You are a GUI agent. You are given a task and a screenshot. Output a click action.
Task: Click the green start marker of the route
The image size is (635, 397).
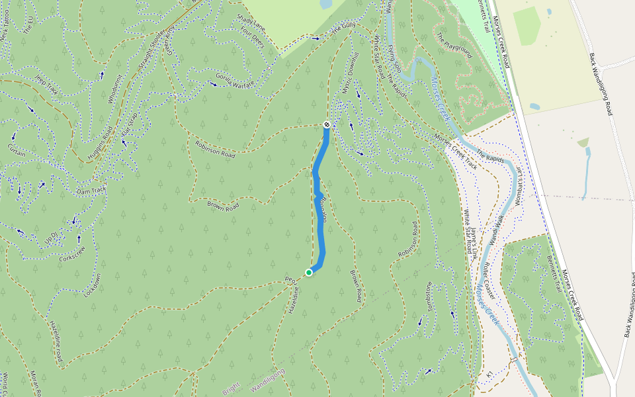click(x=309, y=272)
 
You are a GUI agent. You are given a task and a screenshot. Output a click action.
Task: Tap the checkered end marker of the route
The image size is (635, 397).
click(x=327, y=124)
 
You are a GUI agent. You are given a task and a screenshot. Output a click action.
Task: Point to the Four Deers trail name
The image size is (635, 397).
click(x=252, y=37)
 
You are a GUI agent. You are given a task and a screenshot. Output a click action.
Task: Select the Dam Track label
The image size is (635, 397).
click(x=91, y=190)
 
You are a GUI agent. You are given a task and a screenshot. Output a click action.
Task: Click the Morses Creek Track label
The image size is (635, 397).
click(x=455, y=152)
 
